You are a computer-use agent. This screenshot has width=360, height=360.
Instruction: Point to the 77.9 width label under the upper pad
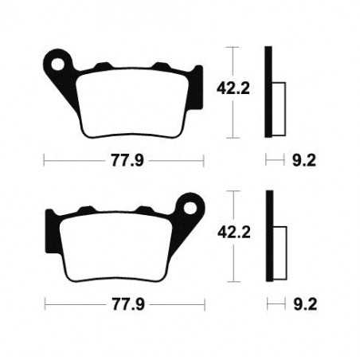pos(123,160)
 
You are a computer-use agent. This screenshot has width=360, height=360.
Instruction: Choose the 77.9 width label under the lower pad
pos(123,304)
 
